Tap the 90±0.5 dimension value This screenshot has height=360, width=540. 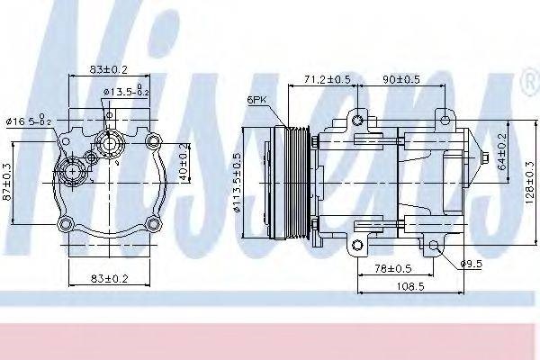pos(401,78)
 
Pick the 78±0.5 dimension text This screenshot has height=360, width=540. pos(392,269)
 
